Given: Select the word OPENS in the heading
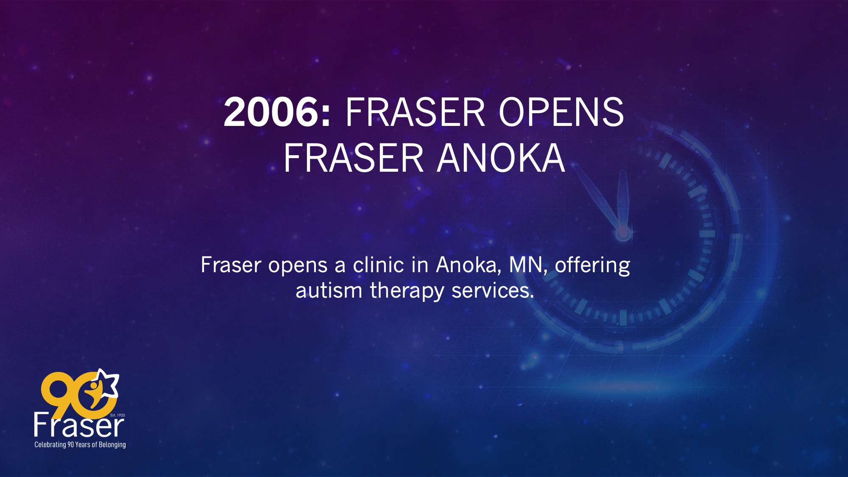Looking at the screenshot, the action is pyautogui.click(x=561, y=112).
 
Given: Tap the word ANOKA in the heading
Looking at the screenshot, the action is pyautogui.click(x=501, y=158).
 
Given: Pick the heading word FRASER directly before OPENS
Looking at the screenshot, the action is pyautogui.click(x=415, y=112).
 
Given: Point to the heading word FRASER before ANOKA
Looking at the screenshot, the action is pyautogui.click(x=354, y=158).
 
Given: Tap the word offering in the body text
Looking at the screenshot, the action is pyautogui.click(x=592, y=266).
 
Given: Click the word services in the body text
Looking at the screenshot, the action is pyautogui.click(x=493, y=291).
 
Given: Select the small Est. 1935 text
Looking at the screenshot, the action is pyautogui.click(x=117, y=415).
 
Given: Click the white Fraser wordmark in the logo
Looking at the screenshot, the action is pyautogui.click(x=79, y=425).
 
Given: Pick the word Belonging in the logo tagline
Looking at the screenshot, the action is pyautogui.click(x=112, y=445).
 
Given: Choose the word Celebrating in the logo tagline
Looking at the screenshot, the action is pyautogui.click(x=50, y=445).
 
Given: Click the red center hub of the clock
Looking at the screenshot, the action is pyautogui.click(x=623, y=233).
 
